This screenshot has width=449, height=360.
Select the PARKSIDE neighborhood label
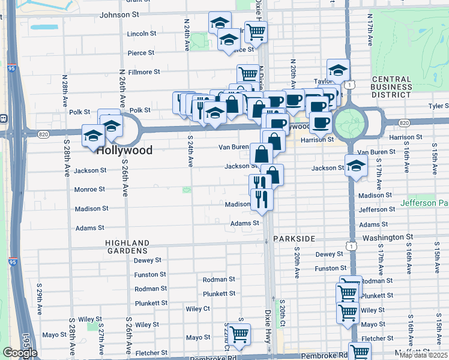[x=294, y=239]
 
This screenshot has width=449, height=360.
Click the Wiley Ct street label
[x=197, y=308]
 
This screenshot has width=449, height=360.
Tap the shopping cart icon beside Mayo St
[x=239, y=333]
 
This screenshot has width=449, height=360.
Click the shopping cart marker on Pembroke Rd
[x=360, y=352]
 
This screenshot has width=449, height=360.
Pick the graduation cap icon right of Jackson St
[x=356, y=165]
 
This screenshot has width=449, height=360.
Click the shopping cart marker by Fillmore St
[x=247, y=74]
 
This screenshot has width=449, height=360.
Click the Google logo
[x=20, y=353]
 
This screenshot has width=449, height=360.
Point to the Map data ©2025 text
[x=422, y=355]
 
